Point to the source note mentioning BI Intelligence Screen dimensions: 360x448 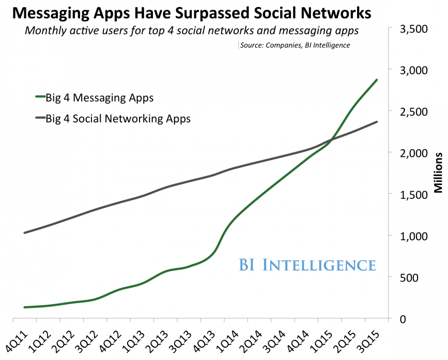pos(295,45)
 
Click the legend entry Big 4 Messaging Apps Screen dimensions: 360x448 pos(99,97)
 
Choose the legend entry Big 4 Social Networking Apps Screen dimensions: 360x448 pos(118,118)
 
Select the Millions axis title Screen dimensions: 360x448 pos(438,173)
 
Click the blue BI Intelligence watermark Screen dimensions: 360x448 pos(307,264)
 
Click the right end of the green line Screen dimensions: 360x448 pos(377,80)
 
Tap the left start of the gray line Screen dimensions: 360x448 pos(24,232)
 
